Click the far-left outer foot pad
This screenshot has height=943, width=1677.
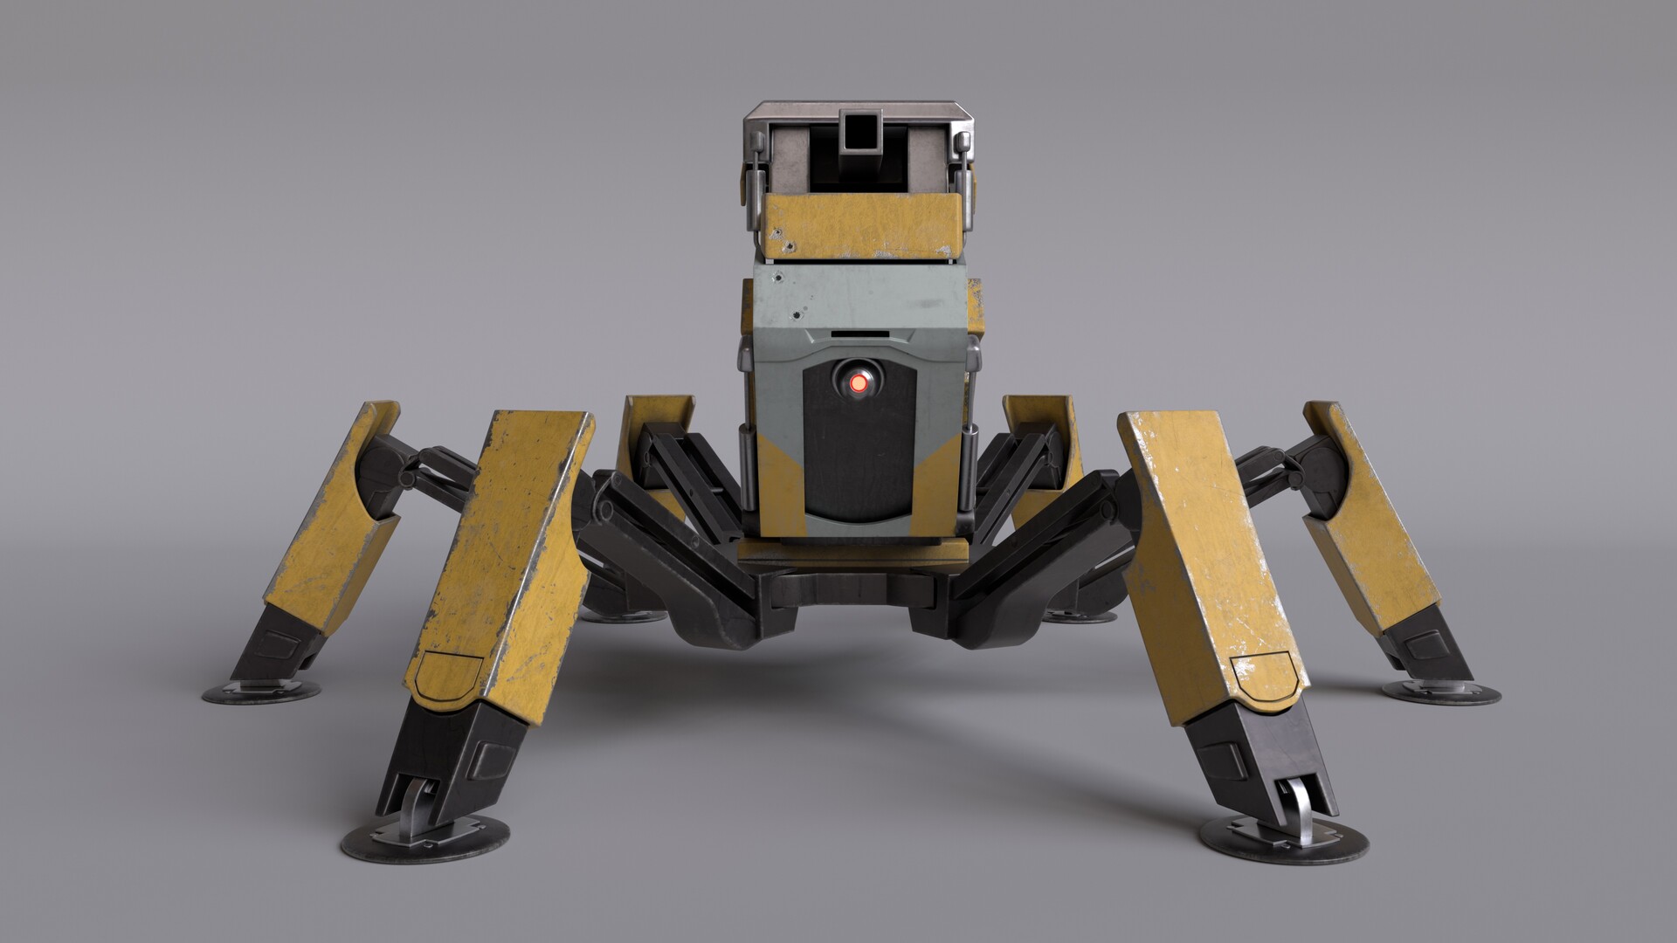(261, 693)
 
